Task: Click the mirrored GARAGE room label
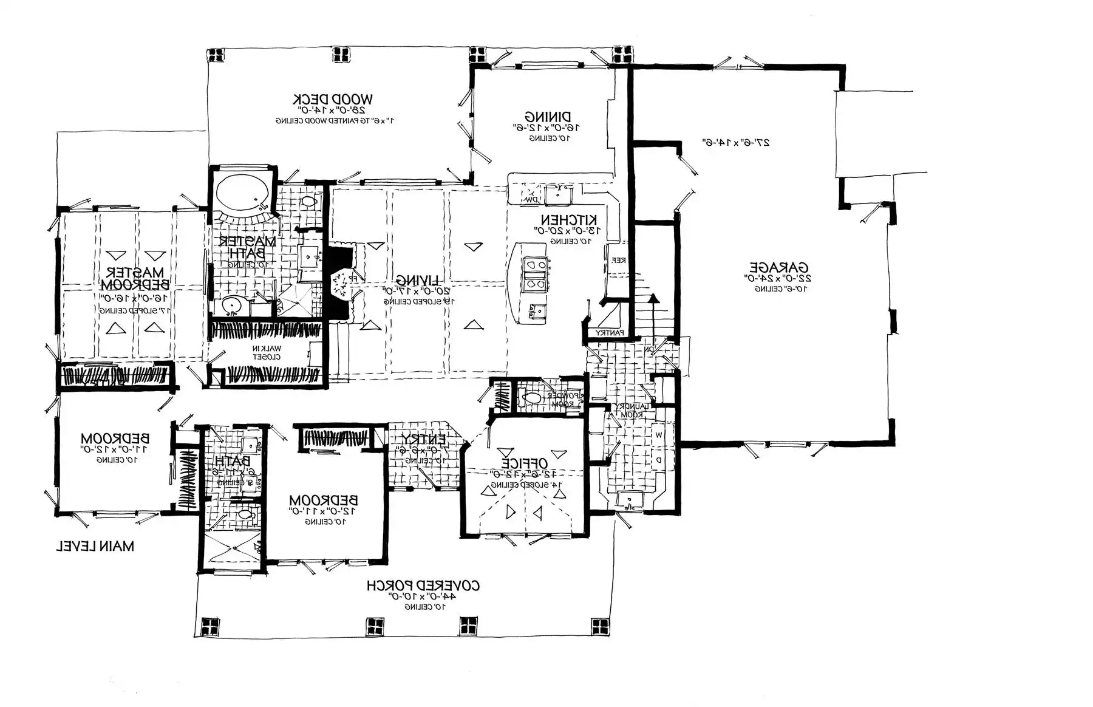[x=779, y=267]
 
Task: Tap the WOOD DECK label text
[x=333, y=99]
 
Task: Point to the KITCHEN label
[x=569, y=219]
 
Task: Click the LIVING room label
[x=418, y=280]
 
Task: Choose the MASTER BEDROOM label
[x=135, y=278]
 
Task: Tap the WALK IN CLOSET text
[x=267, y=352]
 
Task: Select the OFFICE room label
[x=524, y=463]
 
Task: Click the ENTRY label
[x=423, y=439]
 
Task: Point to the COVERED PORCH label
[x=423, y=586]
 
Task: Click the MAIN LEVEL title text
[x=95, y=546]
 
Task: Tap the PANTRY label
[x=609, y=333]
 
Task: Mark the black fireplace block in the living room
[x=339, y=282]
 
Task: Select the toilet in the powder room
[x=532, y=398]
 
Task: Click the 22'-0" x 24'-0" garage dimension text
[x=779, y=278]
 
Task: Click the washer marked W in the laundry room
[x=659, y=435]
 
